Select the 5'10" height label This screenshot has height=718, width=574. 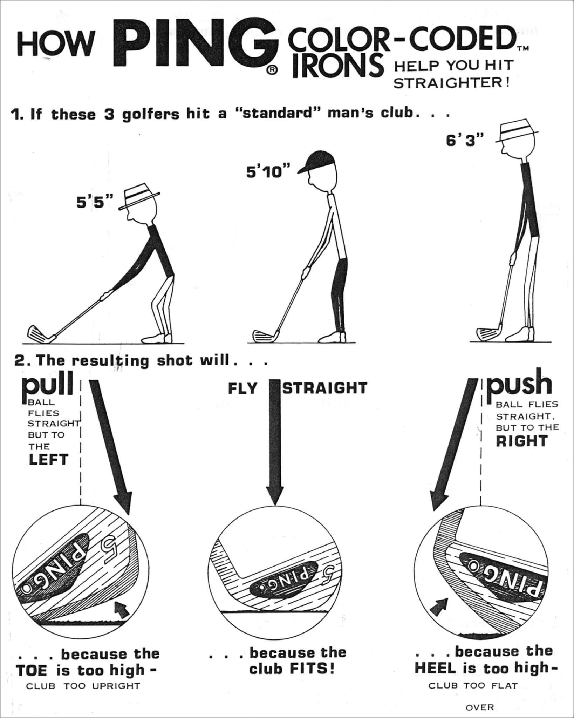pos(268,172)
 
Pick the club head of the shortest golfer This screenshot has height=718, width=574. pos(40,333)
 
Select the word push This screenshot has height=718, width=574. pos(520,385)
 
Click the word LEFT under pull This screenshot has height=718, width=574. pos(48,460)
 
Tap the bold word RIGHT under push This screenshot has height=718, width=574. pos(521,441)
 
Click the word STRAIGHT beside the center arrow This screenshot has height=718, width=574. pos(325,388)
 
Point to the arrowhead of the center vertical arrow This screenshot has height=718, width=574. pos(274,494)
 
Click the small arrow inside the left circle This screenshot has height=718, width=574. pos(122,611)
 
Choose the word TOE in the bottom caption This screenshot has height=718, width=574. pos(32,671)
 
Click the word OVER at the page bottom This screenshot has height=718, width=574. pos(479,707)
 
